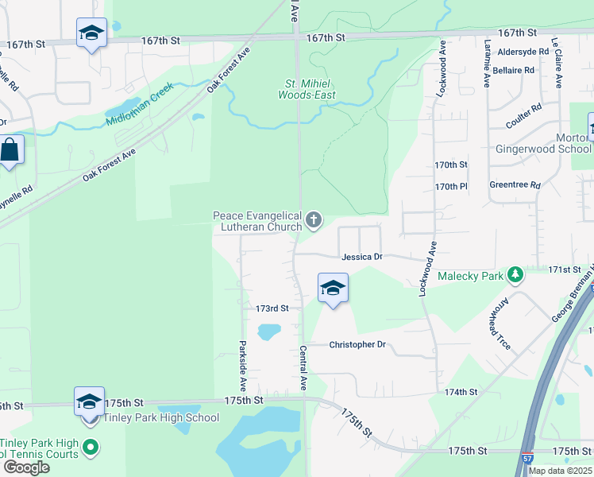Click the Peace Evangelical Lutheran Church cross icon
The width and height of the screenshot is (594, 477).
[314, 219]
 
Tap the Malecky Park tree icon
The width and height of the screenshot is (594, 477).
[516, 274]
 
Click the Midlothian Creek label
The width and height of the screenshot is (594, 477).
[139, 109]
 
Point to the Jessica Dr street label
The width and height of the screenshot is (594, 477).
[362, 258]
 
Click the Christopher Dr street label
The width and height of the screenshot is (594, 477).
[357, 345]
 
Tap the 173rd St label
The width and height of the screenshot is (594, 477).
[272, 308]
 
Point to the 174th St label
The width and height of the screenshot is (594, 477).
[461, 392]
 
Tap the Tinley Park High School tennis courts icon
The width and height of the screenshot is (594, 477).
[91, 448]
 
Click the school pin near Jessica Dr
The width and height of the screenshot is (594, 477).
[333, 288]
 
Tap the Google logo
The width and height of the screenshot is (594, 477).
[26, 467]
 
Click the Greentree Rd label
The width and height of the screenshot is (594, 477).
[515, 185]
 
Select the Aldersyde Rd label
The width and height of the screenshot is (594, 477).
[523, 52]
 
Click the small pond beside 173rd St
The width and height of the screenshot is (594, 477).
[269, 331]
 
